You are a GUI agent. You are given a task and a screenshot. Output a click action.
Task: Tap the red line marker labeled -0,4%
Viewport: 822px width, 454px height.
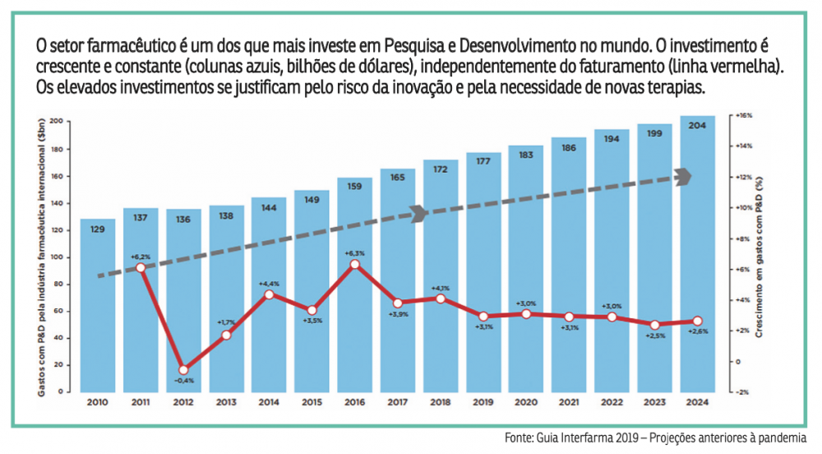183,370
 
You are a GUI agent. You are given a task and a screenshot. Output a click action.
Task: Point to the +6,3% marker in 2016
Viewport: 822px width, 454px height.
354,265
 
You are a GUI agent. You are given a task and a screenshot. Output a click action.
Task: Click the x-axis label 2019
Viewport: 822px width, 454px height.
483,403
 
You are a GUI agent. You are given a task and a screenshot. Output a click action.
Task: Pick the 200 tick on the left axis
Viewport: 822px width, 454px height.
56,121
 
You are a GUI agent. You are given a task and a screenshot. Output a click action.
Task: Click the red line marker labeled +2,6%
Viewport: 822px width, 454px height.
697,322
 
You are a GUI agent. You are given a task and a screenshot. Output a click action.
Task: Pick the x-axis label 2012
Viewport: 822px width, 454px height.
183,403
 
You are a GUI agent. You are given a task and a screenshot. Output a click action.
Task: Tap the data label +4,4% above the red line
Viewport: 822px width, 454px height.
269,284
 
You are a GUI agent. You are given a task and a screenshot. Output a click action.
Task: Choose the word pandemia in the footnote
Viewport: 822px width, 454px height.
783,438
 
